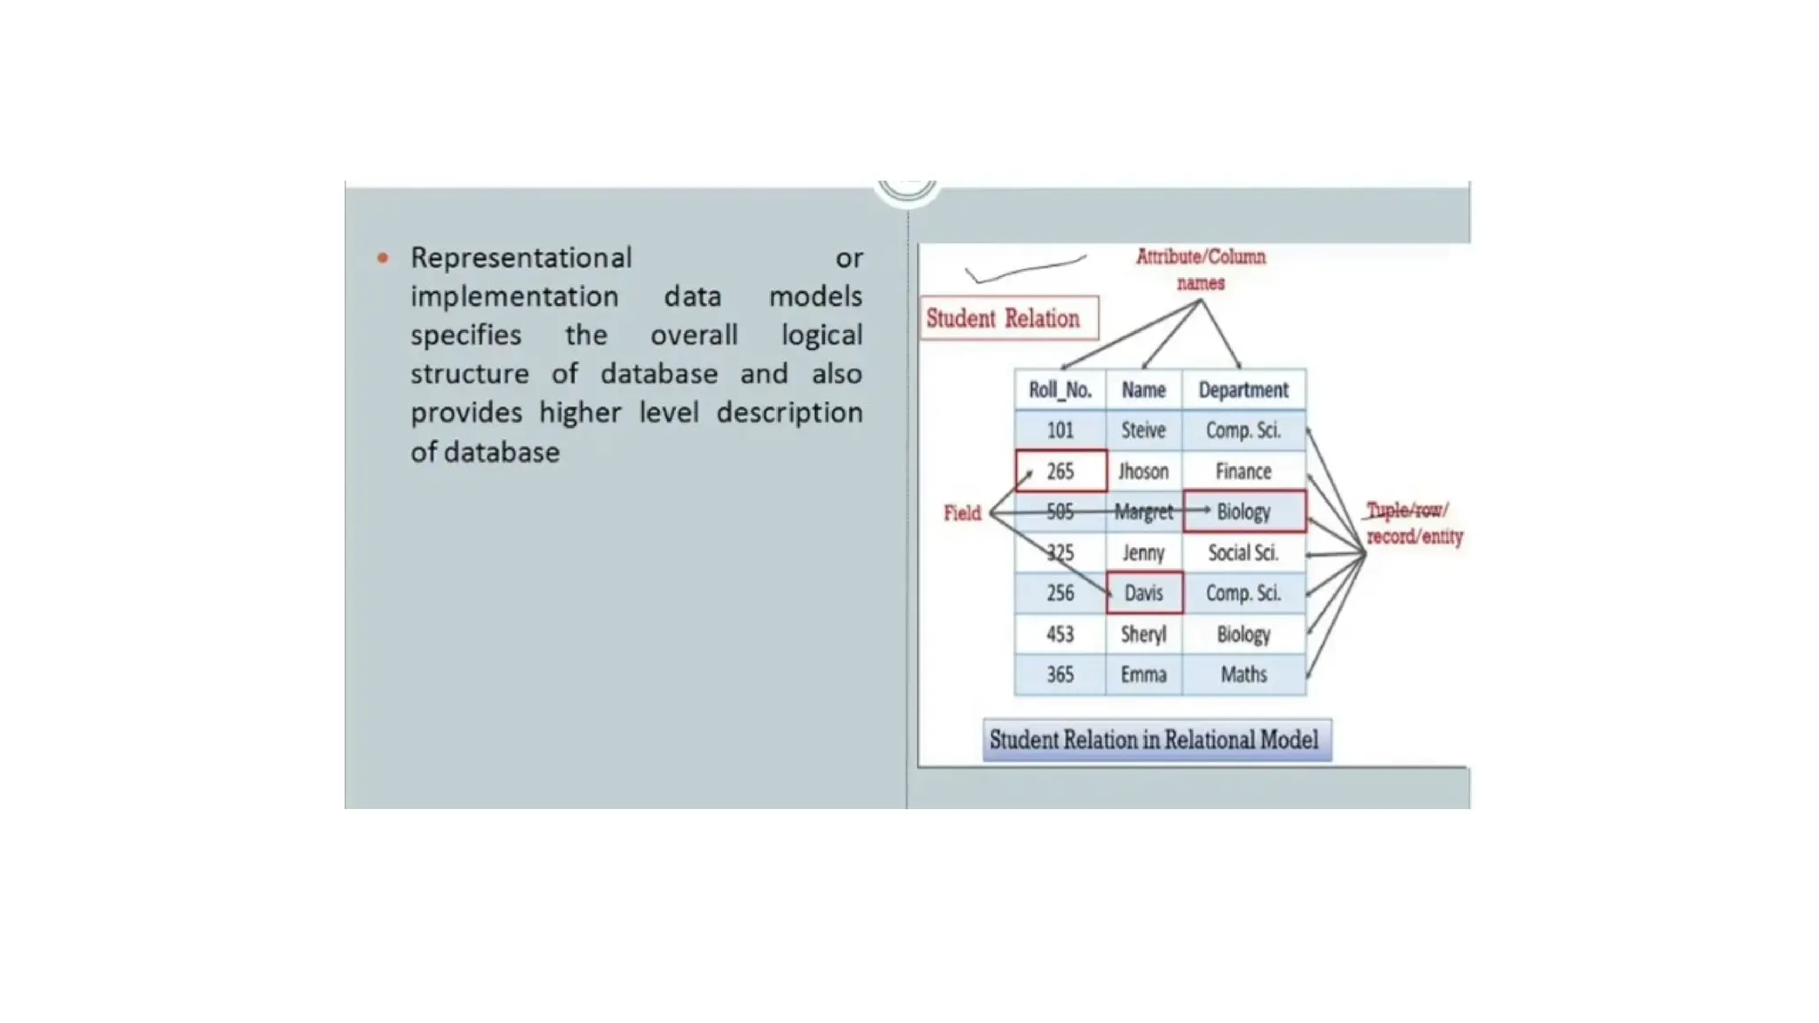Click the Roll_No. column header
(1060, 390)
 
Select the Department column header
(1243, 390)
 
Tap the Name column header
(1143, 390)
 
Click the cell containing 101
(1060, 431)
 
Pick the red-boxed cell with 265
(1060, 472)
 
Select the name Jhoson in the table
(1143, 472)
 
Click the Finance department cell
(1243, 472)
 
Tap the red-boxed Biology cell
(1243, 511)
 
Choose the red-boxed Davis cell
(1144, 593)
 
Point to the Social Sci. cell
(1243, 552)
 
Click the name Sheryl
(1143, 634)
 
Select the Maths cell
(1243, 675)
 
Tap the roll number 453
(1060, 634)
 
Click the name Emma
(1143, 675)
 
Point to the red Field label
(962, 513)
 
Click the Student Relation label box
(1009, 318)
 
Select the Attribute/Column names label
(1201, 269)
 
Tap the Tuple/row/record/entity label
(1413, 523)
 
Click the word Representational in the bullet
(520, 258)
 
